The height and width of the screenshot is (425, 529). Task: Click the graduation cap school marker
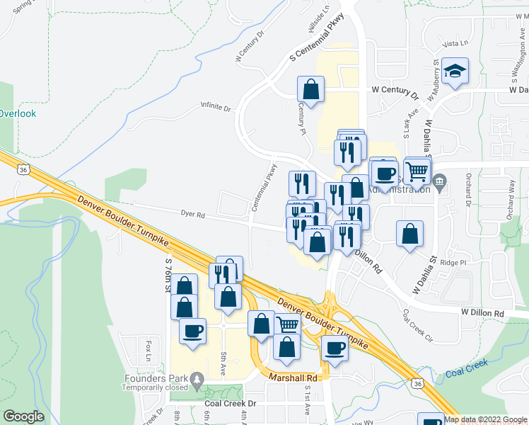[456, 71]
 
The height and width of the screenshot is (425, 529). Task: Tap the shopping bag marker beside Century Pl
[310, 89]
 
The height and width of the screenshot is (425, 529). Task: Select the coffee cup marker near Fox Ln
[192, 331]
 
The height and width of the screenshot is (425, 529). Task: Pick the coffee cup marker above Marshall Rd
[335, 348]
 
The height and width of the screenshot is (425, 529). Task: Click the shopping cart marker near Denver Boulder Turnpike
[286, 325]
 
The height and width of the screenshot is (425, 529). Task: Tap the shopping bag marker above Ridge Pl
[409, 234]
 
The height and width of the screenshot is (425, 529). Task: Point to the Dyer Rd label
[192, 212]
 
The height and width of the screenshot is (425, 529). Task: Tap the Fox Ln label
[149, 350]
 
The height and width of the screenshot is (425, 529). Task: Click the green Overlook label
[18, 113]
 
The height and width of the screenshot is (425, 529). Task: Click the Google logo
[23, 416]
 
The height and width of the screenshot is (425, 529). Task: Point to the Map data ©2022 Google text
[485, 419]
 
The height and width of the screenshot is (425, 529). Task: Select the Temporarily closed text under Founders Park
[155, 387]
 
